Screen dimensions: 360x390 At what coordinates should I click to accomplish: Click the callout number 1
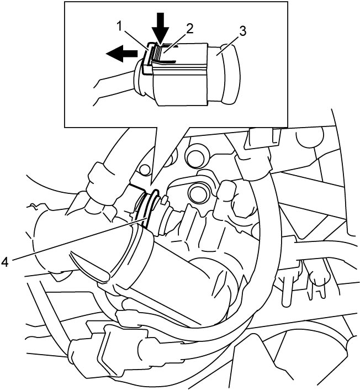pos(120,27)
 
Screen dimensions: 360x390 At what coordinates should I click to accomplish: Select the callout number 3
pos(242,31)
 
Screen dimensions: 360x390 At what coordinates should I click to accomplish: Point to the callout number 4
pos(5,262)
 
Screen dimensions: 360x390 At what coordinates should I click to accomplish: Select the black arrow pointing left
pos(121,53)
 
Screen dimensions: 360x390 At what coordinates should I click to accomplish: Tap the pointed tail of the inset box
pos(151,185)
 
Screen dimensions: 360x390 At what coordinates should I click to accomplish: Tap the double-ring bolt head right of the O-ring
pos(198,193)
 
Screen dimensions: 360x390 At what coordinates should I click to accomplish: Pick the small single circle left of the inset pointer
pos(145,170)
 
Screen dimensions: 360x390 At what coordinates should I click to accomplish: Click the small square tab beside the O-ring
pos(164,199)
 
